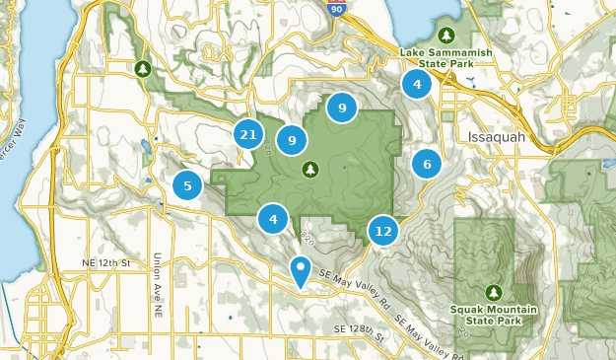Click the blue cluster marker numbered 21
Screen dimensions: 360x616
coord(248,135)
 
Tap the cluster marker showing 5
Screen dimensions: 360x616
coord(187,184)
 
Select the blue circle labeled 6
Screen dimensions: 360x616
coord(427,164)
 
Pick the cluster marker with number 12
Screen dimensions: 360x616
coord(383,231)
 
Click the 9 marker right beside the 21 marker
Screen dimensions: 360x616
coord(292,141)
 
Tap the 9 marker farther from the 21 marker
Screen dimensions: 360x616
coord(341,108)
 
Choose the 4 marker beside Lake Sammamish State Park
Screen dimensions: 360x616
coord(417,85)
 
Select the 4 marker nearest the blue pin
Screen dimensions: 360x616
coord(273,219)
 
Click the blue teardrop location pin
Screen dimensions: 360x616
coord(301,270)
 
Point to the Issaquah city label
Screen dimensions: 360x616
coord(498,136)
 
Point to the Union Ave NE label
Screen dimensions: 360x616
coord(157,285)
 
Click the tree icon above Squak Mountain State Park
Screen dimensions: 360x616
coord(493,292)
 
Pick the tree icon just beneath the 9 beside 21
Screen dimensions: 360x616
coord(311,170)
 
